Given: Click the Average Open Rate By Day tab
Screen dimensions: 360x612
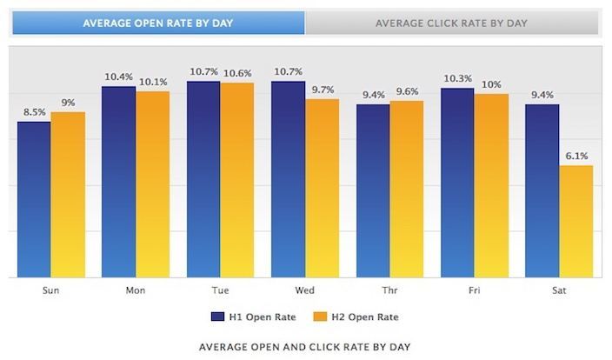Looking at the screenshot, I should [158, 23].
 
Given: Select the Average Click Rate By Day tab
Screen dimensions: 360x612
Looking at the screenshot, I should [451, 23].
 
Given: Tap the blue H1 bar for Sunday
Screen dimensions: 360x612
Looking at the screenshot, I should [34, 199].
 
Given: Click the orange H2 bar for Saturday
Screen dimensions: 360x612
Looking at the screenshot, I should [575, 221].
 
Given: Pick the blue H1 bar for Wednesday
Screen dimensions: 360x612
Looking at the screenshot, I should [289, 179].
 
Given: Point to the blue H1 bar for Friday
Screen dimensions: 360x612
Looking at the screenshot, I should [457, 183].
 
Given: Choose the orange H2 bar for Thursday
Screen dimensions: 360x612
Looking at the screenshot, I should [406, 189].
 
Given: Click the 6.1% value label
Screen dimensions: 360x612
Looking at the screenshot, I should [575, 156].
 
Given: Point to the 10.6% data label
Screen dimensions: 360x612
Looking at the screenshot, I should [236, 73].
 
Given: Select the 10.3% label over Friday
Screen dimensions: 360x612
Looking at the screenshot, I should [457, 78].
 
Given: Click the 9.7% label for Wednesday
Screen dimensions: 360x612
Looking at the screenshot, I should [322, 90].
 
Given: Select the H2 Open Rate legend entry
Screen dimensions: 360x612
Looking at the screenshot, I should [356, 317].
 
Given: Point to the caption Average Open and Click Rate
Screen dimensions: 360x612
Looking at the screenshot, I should [304, 346].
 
